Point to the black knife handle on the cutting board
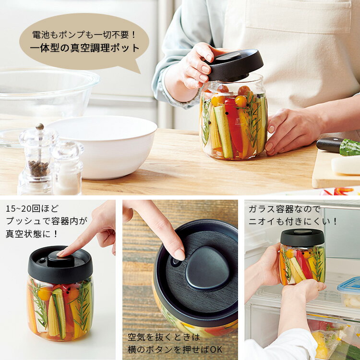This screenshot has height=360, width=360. tap(329, 144)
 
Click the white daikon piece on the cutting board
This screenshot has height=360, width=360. tap(346, 165)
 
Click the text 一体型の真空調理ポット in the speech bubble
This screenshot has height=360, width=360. tap(84, 48)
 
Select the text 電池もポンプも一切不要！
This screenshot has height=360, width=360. tap(84, 35)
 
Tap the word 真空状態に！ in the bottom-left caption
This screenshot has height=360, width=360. tap(32, 234)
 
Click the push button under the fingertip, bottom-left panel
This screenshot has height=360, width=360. tap(61, 259)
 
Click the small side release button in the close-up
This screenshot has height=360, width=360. tap(175, 262)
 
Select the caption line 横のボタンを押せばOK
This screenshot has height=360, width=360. tap(175, 349)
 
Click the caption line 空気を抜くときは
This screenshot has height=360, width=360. tap(164, 337)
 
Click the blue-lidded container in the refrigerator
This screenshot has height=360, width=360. tap(348, 291)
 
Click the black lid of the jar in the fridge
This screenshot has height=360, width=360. tap(302, 238)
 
